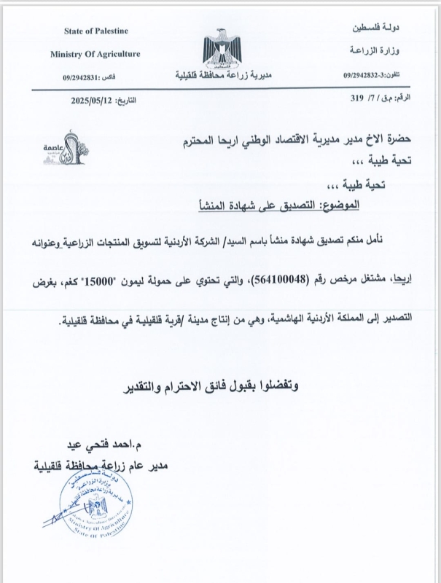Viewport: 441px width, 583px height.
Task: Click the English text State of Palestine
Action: click(96, 30)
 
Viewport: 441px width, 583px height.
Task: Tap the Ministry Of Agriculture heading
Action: click(95, 54)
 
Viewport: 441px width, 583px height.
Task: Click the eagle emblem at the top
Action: click(222, 47)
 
